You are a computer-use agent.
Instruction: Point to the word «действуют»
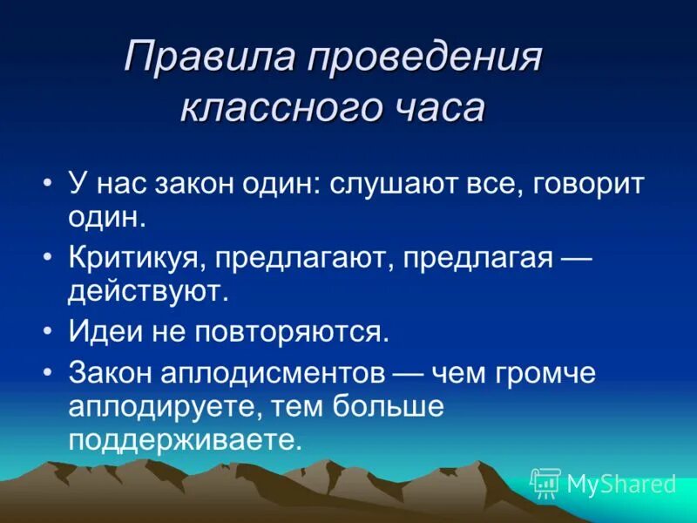point(148,291)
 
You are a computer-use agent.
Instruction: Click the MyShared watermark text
point(620,483)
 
